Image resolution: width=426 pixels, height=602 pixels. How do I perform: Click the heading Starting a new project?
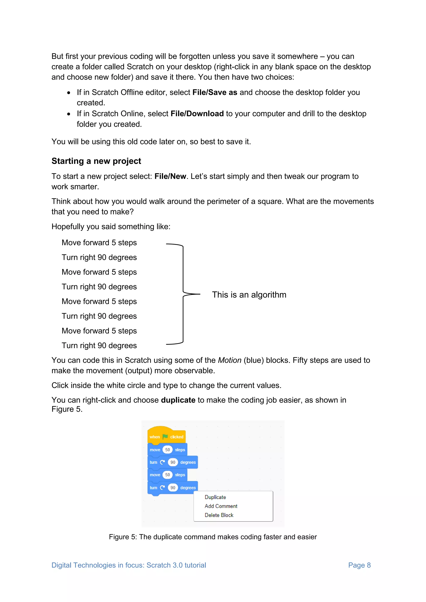(96, 161)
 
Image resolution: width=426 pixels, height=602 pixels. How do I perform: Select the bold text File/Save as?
(215, 92)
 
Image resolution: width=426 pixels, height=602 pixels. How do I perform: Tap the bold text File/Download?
(197, 114)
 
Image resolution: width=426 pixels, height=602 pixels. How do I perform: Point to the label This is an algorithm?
(249, 295)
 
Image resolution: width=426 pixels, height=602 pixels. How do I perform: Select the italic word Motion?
(229, 360)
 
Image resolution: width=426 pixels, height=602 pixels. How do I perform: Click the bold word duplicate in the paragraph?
(178, 400)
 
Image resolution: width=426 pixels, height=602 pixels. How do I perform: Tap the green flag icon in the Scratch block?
(165, 436)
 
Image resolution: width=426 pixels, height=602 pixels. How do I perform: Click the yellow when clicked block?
(166, 436)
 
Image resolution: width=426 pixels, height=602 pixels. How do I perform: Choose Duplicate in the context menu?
(215, 497)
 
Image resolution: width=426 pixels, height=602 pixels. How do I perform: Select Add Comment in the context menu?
(221, 506)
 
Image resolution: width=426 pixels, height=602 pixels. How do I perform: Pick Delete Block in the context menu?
(219, 515)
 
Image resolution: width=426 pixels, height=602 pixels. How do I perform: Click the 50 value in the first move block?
(167, 450)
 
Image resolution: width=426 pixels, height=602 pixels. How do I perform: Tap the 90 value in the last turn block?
(173, 488)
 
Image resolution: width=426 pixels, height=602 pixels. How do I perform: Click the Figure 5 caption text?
(213, 537)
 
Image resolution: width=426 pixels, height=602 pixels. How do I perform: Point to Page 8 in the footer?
(359, 565)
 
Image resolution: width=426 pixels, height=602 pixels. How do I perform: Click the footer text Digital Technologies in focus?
(129, 565)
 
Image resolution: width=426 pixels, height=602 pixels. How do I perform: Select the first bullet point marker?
(69, 93)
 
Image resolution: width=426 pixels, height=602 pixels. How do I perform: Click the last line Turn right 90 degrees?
(99, 346)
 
